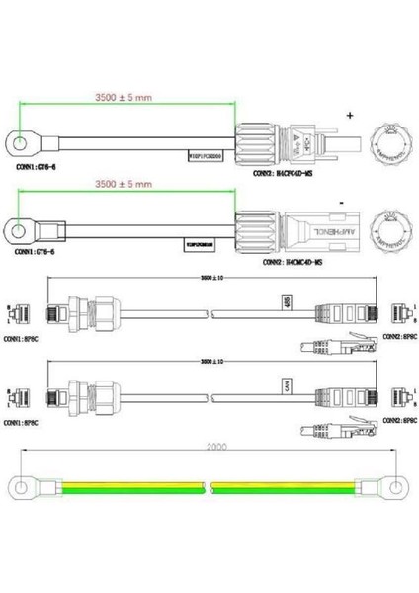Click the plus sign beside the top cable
pos(350,115)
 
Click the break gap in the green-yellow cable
pos(209,487)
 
